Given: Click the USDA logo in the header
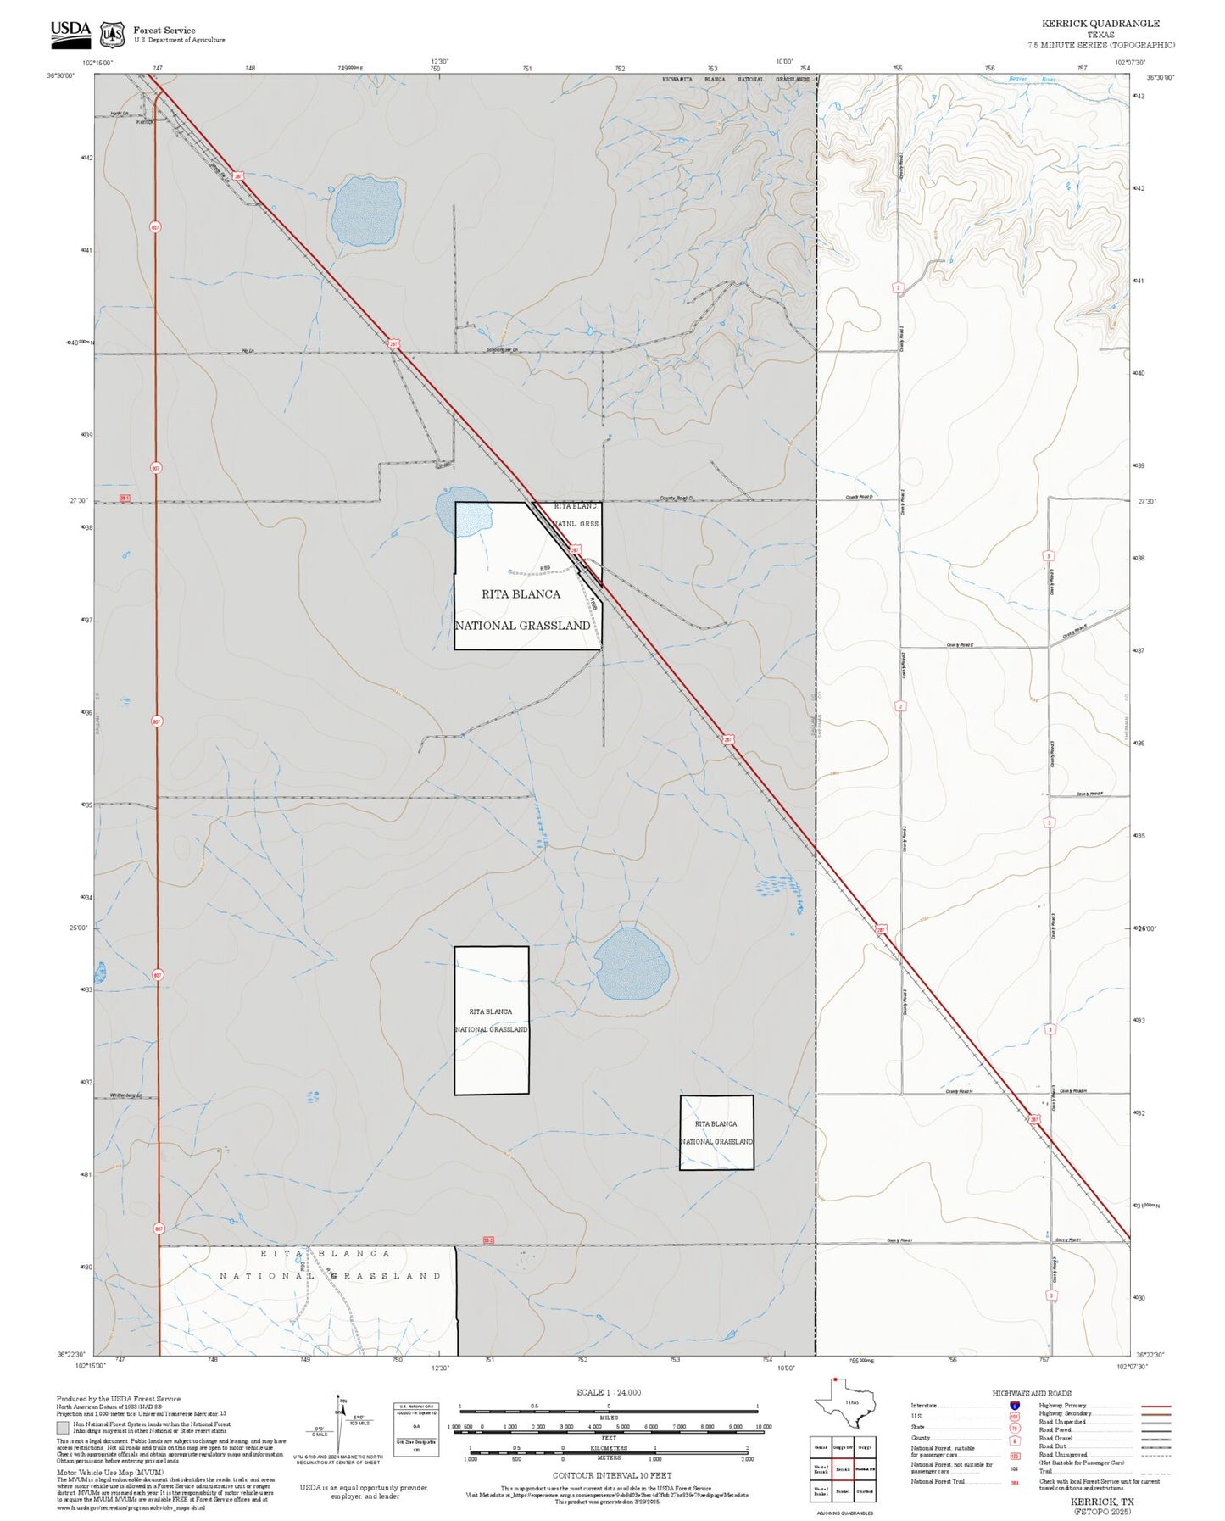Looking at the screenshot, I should [x=70, y=31].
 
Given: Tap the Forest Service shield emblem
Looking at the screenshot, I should [x=111, y=34].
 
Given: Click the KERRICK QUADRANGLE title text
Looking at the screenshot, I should [x=1100, y=24].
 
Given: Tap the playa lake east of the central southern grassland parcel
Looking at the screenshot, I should [x=628, y=963].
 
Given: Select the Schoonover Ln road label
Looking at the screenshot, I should [x=503, y=350].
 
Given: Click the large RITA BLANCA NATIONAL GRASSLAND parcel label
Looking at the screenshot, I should [x=521, y=609].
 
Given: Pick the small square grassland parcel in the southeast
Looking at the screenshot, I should [x=716, y=1133].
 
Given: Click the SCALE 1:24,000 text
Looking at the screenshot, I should [x=608, y=1392].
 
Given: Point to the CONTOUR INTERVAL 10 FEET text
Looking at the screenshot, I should [x=611, y=1476].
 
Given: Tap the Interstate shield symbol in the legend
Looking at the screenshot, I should [x=1015, y=1406].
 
